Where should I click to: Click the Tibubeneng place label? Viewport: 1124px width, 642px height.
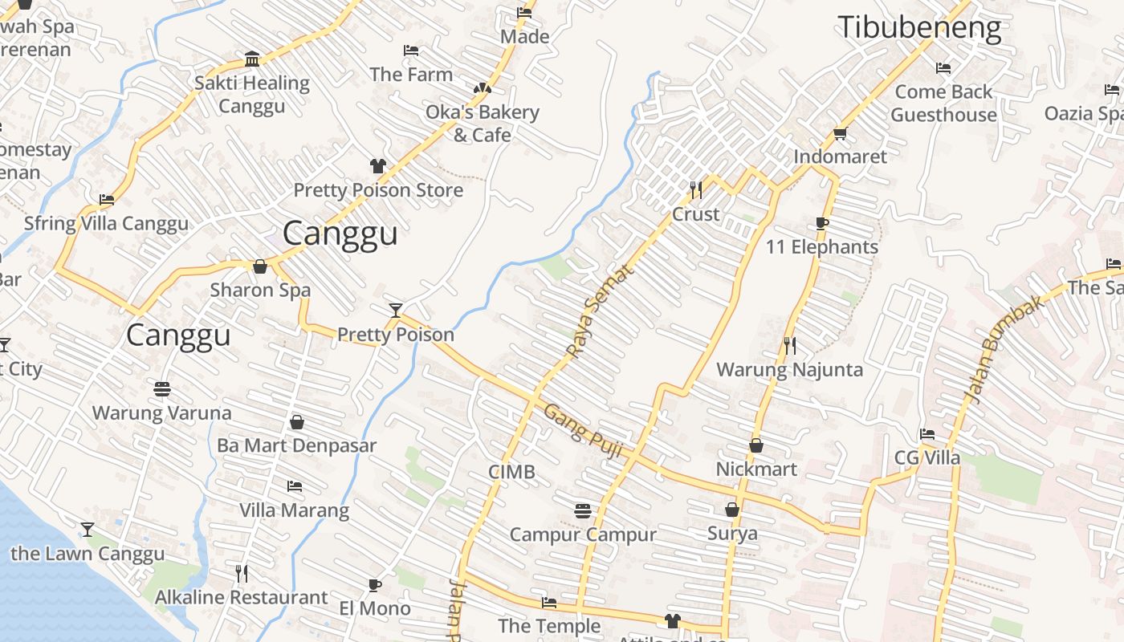point(919,28)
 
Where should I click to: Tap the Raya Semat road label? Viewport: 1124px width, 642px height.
point(599,311)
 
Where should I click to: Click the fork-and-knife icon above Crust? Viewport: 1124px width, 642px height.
point(696,189)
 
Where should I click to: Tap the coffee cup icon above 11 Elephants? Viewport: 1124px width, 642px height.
point(821,223)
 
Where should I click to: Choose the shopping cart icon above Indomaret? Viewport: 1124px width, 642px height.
point(840,133)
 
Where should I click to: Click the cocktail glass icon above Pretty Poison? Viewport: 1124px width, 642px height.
point(395,310)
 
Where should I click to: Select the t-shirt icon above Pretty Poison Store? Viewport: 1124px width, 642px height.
point(378,166)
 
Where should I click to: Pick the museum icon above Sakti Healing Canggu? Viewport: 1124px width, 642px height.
point(252,59)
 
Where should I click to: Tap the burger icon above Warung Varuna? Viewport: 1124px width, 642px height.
point(162,389)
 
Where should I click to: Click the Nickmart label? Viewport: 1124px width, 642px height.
point(756,469)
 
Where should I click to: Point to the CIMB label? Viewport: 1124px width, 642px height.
point(511,472)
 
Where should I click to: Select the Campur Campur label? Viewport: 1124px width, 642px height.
point(583,534)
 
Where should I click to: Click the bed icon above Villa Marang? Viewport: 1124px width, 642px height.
point(295,486)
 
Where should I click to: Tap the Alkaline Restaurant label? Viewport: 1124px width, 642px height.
point(241,598)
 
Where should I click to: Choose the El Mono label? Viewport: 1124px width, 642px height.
point(375,608)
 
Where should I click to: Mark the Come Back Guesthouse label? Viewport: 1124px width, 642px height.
point(943,104)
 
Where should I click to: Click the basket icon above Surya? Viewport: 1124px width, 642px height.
point(732,510)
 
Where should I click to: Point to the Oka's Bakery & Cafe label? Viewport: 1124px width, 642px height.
point(482,124)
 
